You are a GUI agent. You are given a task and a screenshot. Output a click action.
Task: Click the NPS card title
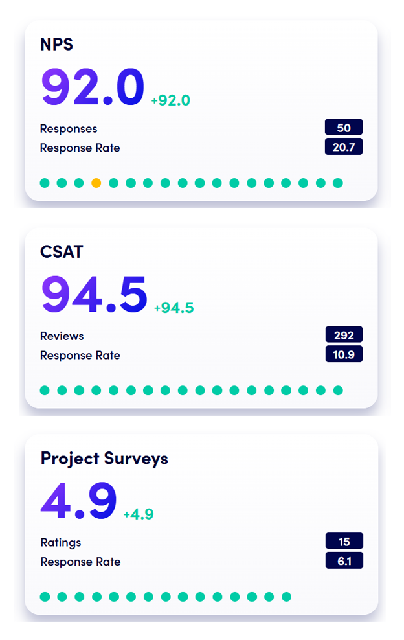57,45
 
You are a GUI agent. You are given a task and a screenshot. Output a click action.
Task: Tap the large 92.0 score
93,87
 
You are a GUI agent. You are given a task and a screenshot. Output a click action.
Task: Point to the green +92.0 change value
170,100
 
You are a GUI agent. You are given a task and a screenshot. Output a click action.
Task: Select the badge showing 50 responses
344,128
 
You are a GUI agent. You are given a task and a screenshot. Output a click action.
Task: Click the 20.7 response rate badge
344,147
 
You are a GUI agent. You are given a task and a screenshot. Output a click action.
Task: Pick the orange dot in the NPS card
96,183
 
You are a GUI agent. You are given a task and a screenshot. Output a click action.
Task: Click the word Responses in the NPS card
69,128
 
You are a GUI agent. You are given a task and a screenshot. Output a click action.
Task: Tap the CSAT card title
62,251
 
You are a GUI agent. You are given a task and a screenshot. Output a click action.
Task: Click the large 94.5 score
95,294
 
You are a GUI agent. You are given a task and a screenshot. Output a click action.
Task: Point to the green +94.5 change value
174,308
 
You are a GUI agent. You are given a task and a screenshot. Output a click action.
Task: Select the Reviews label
62,336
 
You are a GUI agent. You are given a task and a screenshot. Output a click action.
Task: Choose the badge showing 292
344,335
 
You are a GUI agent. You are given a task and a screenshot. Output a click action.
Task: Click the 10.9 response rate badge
344,354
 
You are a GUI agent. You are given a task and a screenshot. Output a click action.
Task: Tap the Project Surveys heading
104,459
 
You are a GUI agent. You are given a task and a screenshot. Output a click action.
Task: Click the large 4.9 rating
78,501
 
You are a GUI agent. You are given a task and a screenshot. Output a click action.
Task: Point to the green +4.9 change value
139,514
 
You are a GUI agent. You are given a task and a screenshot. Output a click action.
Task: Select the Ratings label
61,542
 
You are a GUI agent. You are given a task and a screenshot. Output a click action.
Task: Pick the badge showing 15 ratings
344,542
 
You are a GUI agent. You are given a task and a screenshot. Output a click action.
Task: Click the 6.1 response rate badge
344,561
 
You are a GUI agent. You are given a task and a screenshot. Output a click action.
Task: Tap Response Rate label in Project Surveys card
80,562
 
